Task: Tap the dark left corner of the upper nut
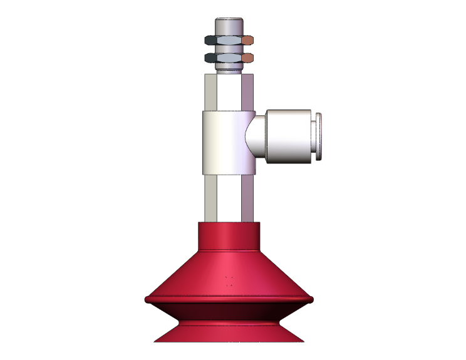point(209,41)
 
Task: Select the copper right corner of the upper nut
point(248,41)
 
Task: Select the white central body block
point(223,143)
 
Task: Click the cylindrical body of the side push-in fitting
point(288,136)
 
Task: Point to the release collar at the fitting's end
point(319,136)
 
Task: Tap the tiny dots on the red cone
point(229,280)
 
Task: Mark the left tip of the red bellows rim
point(147,300)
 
